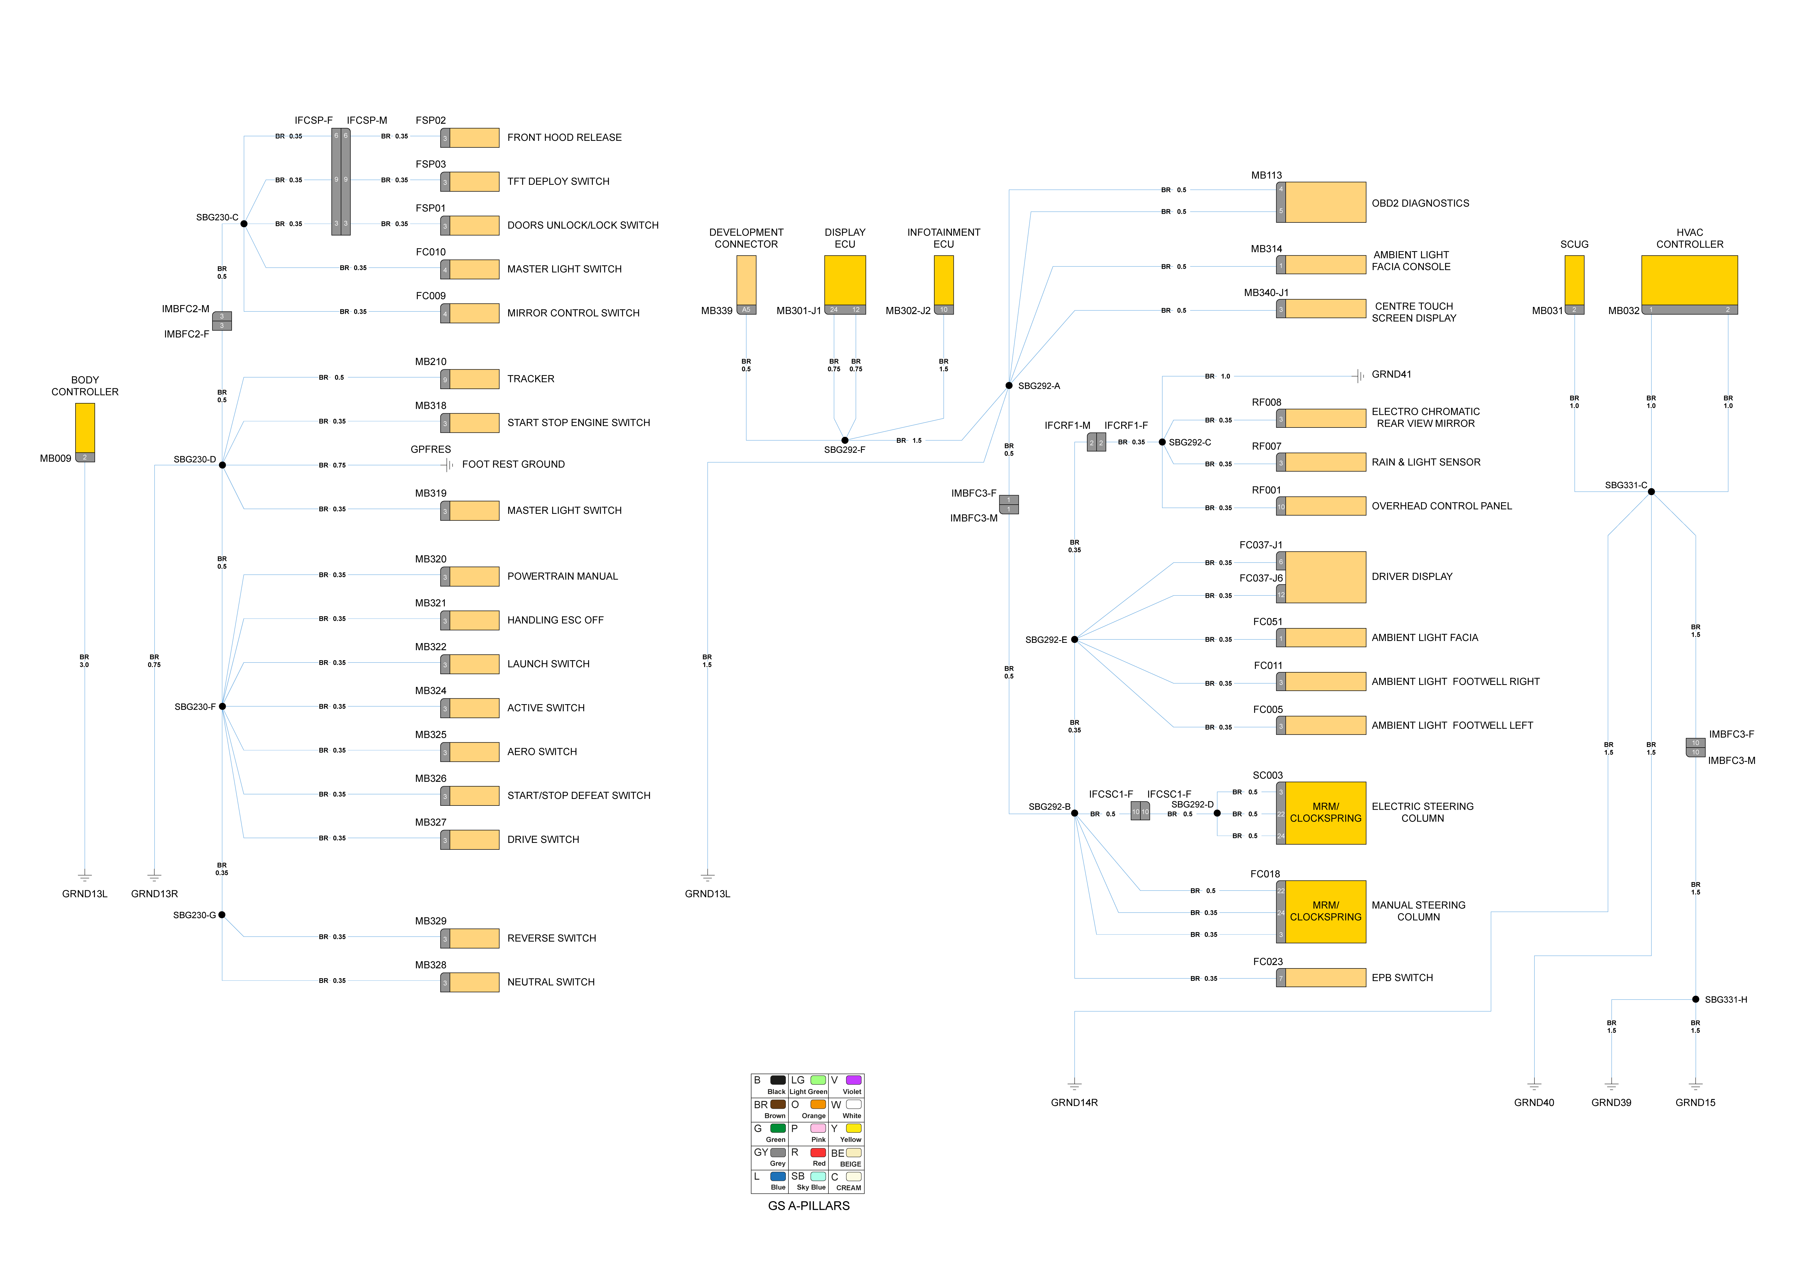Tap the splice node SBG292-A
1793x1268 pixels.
[x=1009, y=386]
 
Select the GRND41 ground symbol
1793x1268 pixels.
[x=1360, y=376]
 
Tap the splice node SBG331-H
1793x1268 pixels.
[x=1695, y=1000]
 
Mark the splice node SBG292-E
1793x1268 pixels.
[x=1075, y=639]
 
